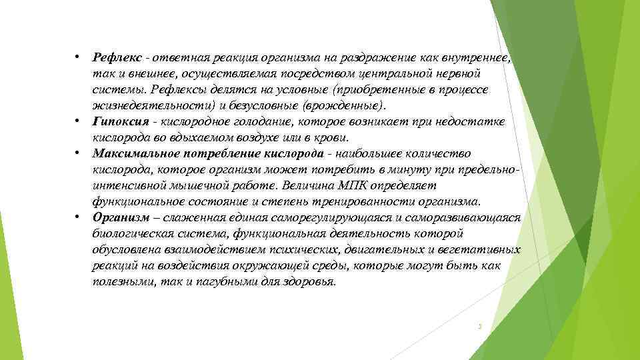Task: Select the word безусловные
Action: (264, 105)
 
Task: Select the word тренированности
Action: (373, 201)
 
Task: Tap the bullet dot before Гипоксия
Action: (78, 121)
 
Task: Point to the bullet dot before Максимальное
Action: (78, 153)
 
